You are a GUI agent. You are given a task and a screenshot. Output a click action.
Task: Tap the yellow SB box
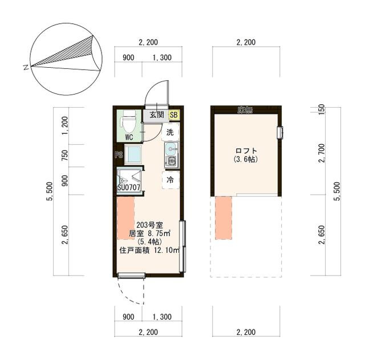coord(173,115)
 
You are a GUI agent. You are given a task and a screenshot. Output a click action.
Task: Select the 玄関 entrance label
coord(157,114)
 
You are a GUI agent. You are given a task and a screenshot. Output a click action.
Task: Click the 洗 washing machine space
coord(171,132)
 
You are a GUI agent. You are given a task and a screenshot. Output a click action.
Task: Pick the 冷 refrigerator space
coord(171,180)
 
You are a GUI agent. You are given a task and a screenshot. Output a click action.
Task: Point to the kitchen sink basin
coord(171,149)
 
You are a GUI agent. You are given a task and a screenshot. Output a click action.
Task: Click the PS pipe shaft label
coord(119,154)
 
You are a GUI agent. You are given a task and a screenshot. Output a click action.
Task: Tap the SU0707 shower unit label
coord(129,187)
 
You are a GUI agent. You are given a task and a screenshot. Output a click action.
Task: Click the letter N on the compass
coord(26,68)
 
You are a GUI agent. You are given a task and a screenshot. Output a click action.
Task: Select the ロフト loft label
coord(246,151)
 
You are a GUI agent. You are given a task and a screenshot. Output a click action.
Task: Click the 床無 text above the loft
coord(245,110)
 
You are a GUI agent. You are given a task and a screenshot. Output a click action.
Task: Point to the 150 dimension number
coord(321,109)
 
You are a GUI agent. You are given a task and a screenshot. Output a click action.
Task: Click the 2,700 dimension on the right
coord(322,153)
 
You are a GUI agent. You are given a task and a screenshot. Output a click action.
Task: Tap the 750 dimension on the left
coord(65,156)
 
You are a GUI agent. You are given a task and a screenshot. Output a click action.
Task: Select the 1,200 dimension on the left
coord(65,125)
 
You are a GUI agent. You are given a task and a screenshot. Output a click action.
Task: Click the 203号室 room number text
coord(149,225)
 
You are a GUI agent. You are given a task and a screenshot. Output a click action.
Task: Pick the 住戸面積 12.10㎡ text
coord(149,251)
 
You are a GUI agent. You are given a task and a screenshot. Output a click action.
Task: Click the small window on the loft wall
coord(280,133)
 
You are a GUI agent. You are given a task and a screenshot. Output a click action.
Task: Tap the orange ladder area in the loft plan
coord(224,218)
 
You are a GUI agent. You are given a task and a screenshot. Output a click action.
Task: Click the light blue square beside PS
coord(133,154)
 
